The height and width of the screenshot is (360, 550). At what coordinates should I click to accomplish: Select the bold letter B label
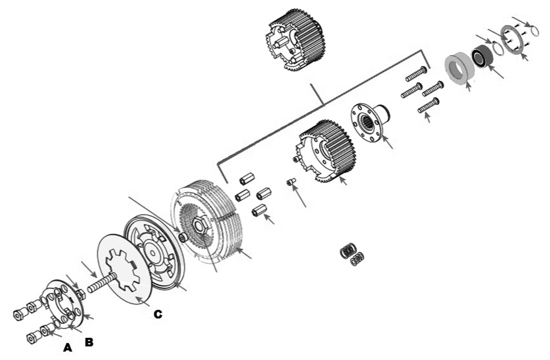click(89, 342)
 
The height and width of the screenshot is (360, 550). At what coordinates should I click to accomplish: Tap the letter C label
click(158, 314)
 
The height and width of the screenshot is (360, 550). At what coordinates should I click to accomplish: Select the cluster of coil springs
click(352, 254)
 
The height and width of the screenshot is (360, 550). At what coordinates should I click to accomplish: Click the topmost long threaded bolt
click(416, 74)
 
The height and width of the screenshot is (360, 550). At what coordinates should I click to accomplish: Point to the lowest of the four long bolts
click(428, 106)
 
